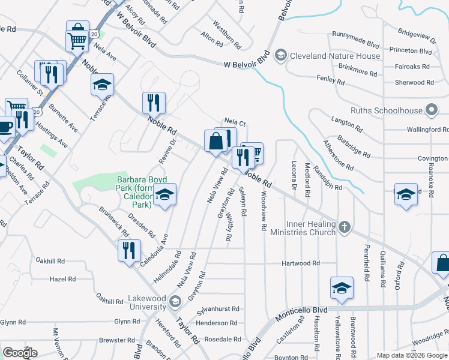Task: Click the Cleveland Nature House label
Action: tap(335, 56)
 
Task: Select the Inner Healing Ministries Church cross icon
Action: tap(344, 227)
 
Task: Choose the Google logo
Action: tap(20, 352)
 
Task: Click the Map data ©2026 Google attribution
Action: tap(412, 355)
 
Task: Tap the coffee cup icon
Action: tap(5, 127)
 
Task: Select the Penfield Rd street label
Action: tap(366, 262)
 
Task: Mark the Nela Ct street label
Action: tap(235, 122)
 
